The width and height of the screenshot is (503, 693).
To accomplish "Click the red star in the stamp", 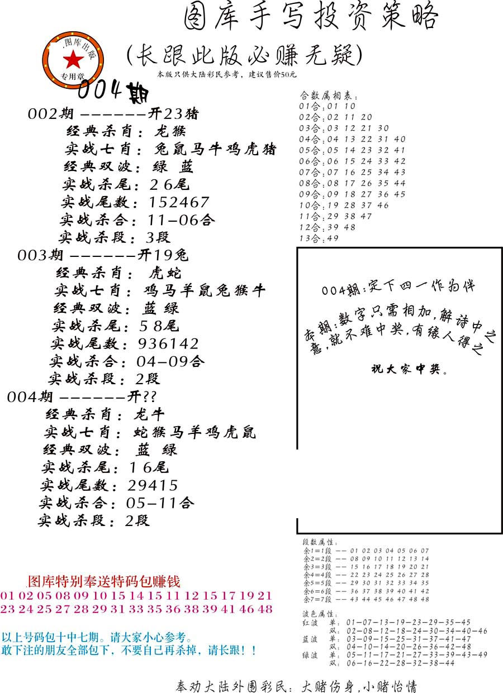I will [73, 59].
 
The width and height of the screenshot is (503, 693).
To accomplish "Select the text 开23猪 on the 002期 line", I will [173, 114].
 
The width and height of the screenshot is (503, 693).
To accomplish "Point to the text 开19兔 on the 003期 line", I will [163, 255].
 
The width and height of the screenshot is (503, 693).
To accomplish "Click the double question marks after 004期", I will [149, 396].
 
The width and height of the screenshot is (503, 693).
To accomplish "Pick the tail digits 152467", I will [179, 202].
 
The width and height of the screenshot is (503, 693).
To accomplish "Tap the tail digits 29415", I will [153, 485].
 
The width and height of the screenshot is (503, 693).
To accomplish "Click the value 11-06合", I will [181, 220].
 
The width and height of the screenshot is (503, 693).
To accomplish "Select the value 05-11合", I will [160, 503].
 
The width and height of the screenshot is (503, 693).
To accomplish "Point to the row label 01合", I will [308, 106].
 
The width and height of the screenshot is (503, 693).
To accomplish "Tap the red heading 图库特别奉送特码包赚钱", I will [104, 581].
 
